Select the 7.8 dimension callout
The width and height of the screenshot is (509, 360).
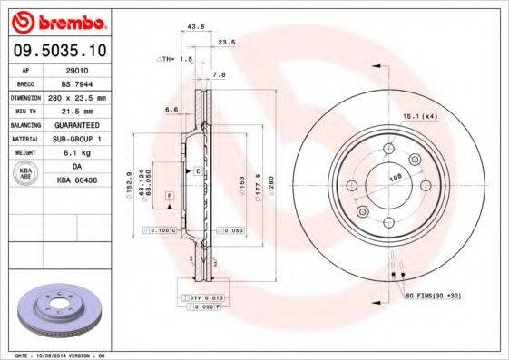coord(219,74)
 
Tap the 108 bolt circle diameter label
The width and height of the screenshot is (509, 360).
coord(396,179)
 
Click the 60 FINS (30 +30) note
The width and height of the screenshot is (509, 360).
coord(435,297)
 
